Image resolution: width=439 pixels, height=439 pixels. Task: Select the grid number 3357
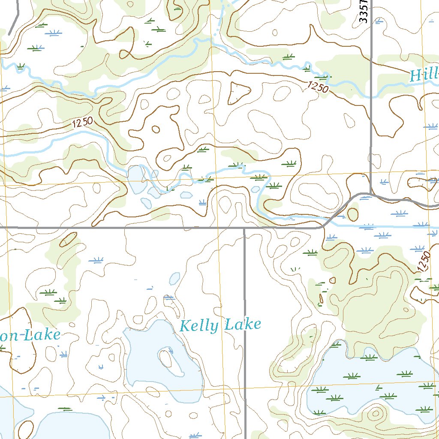click(x=364, y=11)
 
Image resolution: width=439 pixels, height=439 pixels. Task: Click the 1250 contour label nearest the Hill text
click(x=318, y=87)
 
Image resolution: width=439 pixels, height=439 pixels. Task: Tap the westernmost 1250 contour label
click(x=82, y=123)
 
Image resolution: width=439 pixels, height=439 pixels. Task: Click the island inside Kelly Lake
click(x=165, y=358)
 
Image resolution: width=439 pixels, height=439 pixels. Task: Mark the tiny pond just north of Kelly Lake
click(x=174, y=279)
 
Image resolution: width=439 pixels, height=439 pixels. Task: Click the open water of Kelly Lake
click(x=146, y=369)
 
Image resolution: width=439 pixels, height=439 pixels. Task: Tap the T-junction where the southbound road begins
click(x=244, y=228)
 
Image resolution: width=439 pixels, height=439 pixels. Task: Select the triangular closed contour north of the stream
click(x=238, y=92)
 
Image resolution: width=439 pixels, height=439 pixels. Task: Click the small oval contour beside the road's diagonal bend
click(x=352, y=214)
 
